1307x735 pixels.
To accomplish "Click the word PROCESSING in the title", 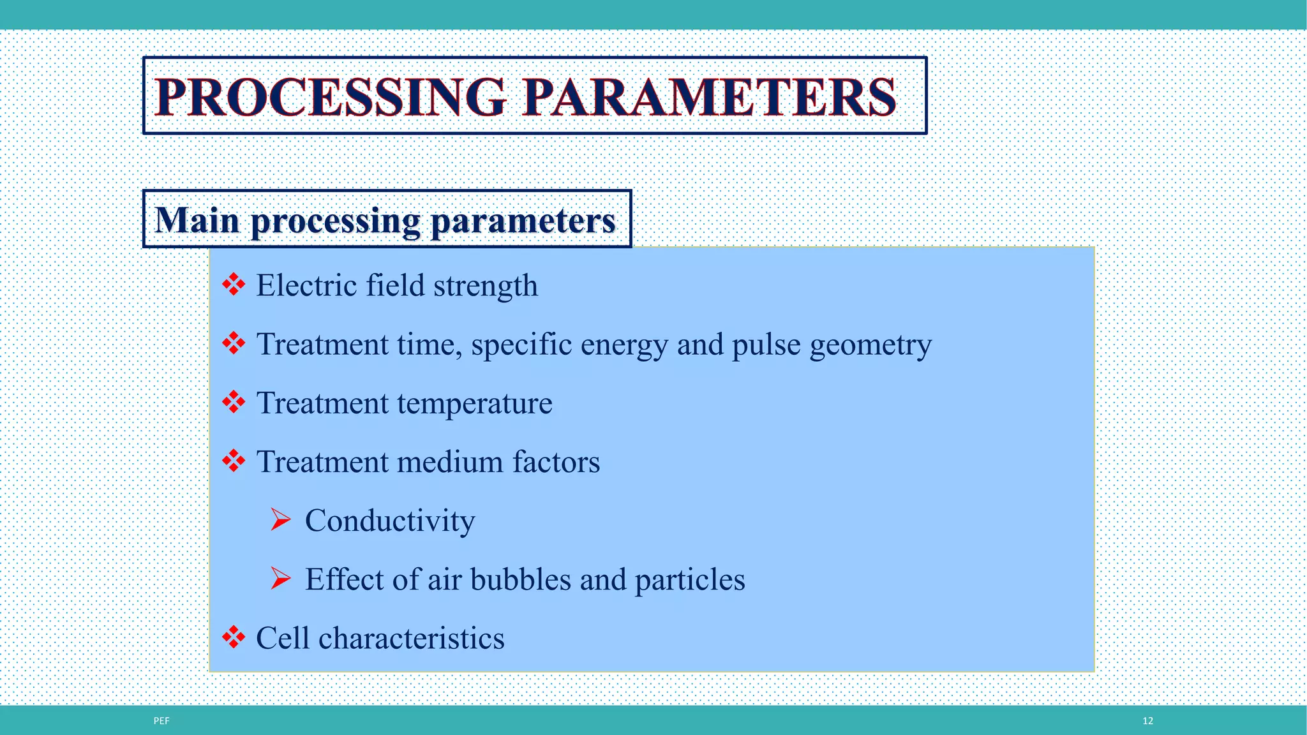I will [330, 97].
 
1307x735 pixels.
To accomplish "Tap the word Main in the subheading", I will [197, 220].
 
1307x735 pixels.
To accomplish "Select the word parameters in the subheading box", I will [523, 221].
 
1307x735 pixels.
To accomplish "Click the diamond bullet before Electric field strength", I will [234, 285].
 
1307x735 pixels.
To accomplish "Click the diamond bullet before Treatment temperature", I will [234, 402].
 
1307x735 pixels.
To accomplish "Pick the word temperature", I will [475, 404].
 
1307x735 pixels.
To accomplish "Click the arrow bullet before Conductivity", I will [280, 519].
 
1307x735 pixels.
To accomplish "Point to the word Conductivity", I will [389, 521].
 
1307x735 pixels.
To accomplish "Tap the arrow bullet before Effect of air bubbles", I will [280, 578].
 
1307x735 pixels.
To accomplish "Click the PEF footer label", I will [161, 721].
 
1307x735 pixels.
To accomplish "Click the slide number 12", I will [1147, 721].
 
